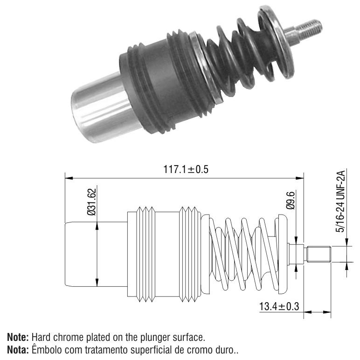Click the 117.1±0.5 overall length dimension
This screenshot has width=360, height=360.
tap(186, 169)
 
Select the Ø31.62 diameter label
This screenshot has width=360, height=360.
tap(91, 202)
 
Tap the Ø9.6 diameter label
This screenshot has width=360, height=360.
tap(291, 200)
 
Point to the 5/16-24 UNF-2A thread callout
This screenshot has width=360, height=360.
tap(340, 201)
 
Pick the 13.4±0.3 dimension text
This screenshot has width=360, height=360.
tap(279, 306)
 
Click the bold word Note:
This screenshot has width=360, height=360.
tap(18, 337)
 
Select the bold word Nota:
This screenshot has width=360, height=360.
tap(18, 350)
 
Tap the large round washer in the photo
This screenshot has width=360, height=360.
tap(276, 42)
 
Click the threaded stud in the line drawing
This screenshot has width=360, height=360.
tap(318, 254)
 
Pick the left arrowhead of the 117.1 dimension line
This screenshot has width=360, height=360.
tap(69, 178)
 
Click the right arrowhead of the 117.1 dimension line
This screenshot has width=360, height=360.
tap(300, 178)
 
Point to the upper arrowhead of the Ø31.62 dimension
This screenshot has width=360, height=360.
tap(97, 226)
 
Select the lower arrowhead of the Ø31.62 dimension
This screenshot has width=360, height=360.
tap(97, 283)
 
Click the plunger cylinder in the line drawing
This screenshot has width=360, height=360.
tap(96, 254)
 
